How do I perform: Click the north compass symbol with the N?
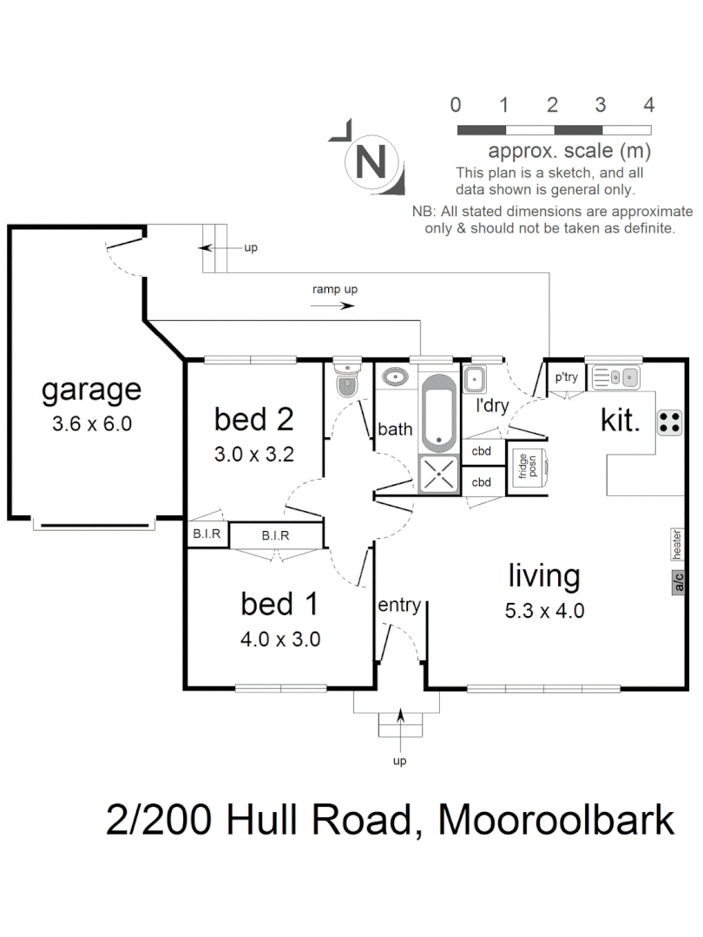(x=372, y=161)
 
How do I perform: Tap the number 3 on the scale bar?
(x=600, y=106)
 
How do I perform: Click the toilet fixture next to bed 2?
(x=347, y=379)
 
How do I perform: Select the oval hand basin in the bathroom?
(x=396, y=379)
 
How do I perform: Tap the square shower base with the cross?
(x=440, y=474)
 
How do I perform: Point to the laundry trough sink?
(x=475, y=379)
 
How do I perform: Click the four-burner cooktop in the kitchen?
(x=669, y=423)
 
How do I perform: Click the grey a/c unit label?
(x=679, y=582)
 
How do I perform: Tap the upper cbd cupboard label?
(x=482, y=451)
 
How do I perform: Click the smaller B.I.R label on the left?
(x=207, y=534)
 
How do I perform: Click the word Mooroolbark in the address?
(x=556, y=819)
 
